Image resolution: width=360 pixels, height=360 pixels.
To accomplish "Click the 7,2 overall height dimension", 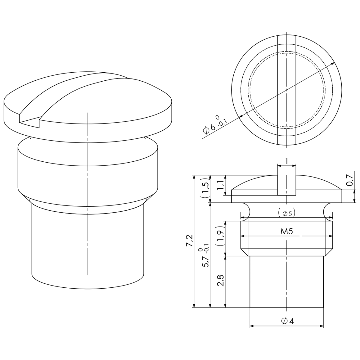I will pyautogui.click(x=190, y=241).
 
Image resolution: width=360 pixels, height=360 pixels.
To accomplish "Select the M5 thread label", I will pyautogui.click(x=286, y=231).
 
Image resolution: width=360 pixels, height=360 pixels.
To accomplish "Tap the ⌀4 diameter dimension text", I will pyautogui.click(x=287, y=321).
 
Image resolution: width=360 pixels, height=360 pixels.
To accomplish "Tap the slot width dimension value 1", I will pyautogui.click(x=286, y=161).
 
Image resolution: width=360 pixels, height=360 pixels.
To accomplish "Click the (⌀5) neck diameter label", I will pyautogui.click(x=287, y=213).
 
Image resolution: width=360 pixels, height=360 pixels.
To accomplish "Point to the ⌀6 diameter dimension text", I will pyautogui.click(x=214, y=125).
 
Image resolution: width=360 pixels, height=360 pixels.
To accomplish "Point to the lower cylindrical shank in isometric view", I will pyautogui.click(x=88, y=246).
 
